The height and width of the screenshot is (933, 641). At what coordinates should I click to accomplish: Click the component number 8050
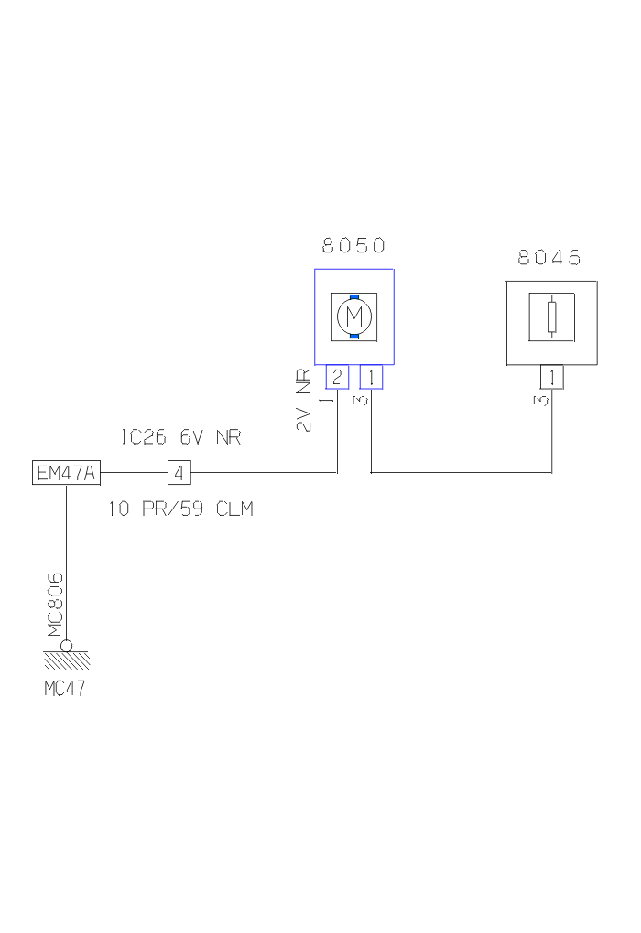[x=353, y=245]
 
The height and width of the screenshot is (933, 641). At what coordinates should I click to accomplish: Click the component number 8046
[x=549, y=258]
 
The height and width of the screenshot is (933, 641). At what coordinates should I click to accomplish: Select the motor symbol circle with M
[x=353, y=316]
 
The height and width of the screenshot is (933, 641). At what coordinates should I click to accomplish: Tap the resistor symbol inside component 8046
[x=550, y=316]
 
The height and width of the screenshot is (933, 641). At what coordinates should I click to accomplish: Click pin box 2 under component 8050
[x=337, y=376]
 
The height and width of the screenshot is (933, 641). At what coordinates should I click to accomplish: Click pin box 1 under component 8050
[x=371, y=376]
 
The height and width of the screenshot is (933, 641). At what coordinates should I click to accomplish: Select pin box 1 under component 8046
[x=551, y=377]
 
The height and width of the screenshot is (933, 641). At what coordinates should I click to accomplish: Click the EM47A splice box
[x=67, y=473]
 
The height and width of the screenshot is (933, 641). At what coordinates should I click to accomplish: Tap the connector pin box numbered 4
[x=179, y=473]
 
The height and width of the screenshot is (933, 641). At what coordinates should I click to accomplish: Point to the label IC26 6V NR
[x=180, y=438]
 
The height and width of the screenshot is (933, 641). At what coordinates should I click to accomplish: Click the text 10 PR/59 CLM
[x=180, y=509]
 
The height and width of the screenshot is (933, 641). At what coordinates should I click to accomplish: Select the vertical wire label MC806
[x=55, y=605]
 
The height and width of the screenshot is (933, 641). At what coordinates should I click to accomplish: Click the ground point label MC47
[x=65, y=689]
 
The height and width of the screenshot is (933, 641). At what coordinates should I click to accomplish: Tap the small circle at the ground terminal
[x=67, y=647]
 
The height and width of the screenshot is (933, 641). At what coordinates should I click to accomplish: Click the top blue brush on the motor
[x=353, y=296]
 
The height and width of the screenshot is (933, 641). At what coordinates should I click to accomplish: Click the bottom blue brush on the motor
[x=353, y=337]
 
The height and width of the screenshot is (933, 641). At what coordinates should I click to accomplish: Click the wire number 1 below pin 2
[x=328, y=401]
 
